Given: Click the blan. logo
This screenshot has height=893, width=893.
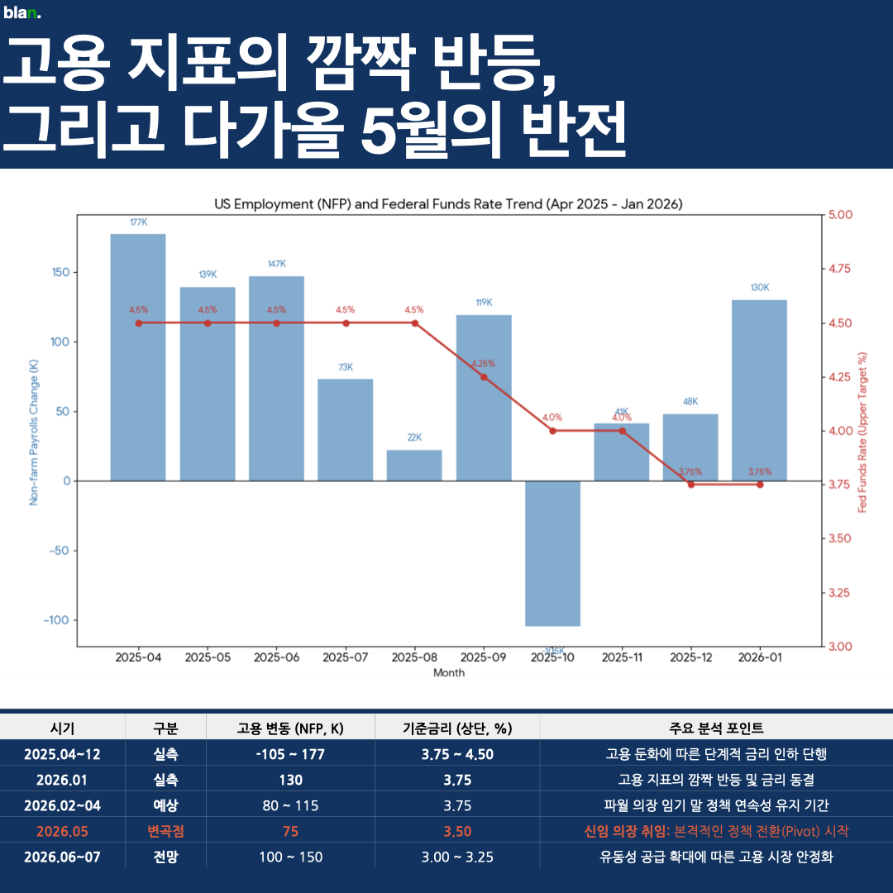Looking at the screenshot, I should coord(22,12).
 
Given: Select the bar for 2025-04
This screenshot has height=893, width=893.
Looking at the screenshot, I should coord(138,356).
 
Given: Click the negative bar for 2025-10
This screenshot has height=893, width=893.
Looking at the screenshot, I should coord(552,552).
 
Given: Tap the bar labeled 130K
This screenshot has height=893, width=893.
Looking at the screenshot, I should coord(759,389).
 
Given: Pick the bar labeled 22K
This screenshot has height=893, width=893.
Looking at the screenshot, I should coord(414,466).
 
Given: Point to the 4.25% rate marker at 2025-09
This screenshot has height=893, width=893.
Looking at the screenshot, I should coord(484,377).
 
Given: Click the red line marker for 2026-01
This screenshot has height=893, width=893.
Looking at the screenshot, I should coord(759,485).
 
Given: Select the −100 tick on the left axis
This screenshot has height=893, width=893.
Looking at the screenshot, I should coord(56,620).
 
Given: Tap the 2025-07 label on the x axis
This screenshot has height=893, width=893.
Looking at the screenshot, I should coord(346,658).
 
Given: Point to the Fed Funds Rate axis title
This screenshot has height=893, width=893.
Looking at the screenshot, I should coord(862,430).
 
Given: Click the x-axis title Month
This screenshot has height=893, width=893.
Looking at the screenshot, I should coord(448,673).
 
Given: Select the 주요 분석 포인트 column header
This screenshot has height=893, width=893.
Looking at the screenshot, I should coord(716,728).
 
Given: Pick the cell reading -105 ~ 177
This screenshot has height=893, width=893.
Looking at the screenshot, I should coord(290,754).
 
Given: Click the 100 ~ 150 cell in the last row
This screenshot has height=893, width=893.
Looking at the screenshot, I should coord(290,857).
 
